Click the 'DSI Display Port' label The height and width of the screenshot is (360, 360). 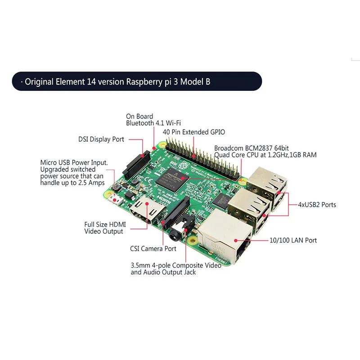click(101, 139)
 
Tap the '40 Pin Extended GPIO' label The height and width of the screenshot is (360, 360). click(194, 132)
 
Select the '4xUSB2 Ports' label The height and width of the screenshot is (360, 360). click(317, 205)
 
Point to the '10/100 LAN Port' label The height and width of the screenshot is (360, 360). click(292, 240)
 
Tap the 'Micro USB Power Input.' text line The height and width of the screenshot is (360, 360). click(74, 162)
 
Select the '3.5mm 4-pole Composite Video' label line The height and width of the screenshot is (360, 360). click(175, 265)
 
